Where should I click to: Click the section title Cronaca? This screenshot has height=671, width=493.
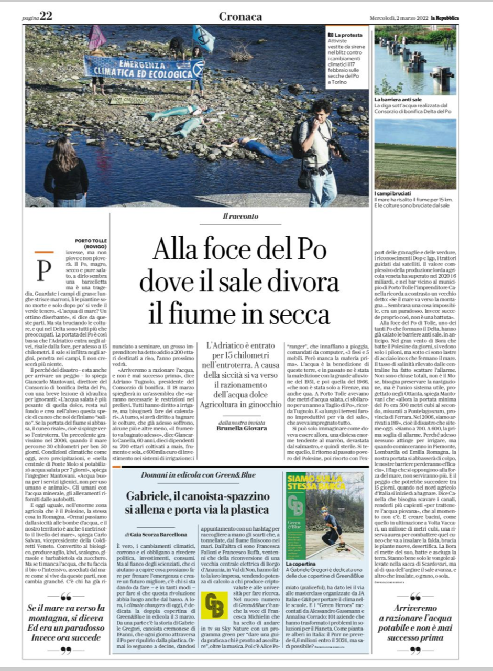click(240, 16)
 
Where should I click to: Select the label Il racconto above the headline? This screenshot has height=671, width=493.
click(240, 216)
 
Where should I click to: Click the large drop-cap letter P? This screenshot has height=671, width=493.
click(43, 270)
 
